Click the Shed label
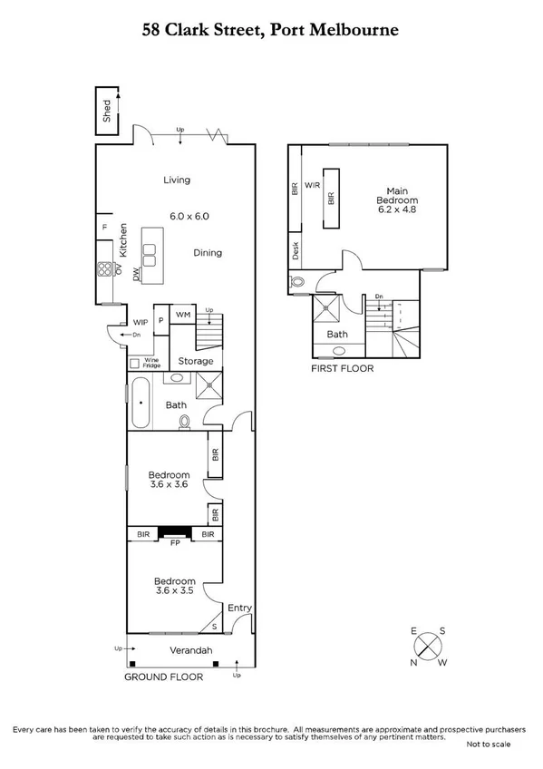(x=107, y=111)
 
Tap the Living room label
(x=177, y=180)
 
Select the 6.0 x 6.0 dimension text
(x=189, y=217)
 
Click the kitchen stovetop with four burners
(x=106, y=269)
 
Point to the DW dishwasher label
(x=136, y=273)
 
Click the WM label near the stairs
(x=183, y=315)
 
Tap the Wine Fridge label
(x=150, y=361)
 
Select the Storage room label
(x=196, y=361)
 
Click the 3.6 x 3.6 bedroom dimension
(x=170, y=485)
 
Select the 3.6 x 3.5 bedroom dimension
(x=174, y=591)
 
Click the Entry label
(x=239, y=608)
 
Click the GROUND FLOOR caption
(x=164, y=677)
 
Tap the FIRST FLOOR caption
(x=343, y=369)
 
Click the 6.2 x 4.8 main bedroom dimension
(x=398, y=210)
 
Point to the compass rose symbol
(x=428, y=647)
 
